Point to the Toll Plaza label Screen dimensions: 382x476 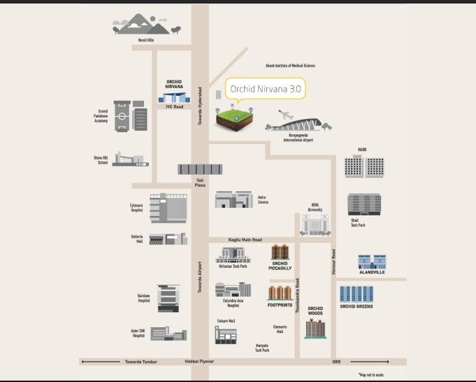pos(199,183)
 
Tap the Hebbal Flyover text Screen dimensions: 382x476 pos(199,362)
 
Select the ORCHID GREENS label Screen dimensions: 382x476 pos(356,306)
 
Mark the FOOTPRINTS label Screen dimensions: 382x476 pos(280,305)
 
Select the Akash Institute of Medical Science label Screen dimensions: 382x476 pos(290,66)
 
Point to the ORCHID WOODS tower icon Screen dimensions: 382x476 pos(316,327)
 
